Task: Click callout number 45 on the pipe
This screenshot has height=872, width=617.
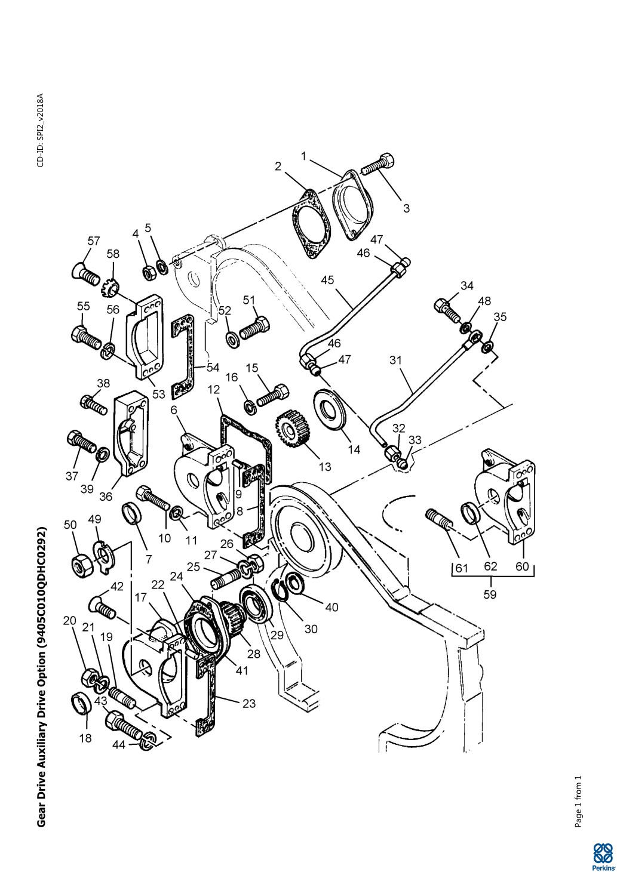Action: point(328,280)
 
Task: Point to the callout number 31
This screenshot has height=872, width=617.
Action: point(395,360)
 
